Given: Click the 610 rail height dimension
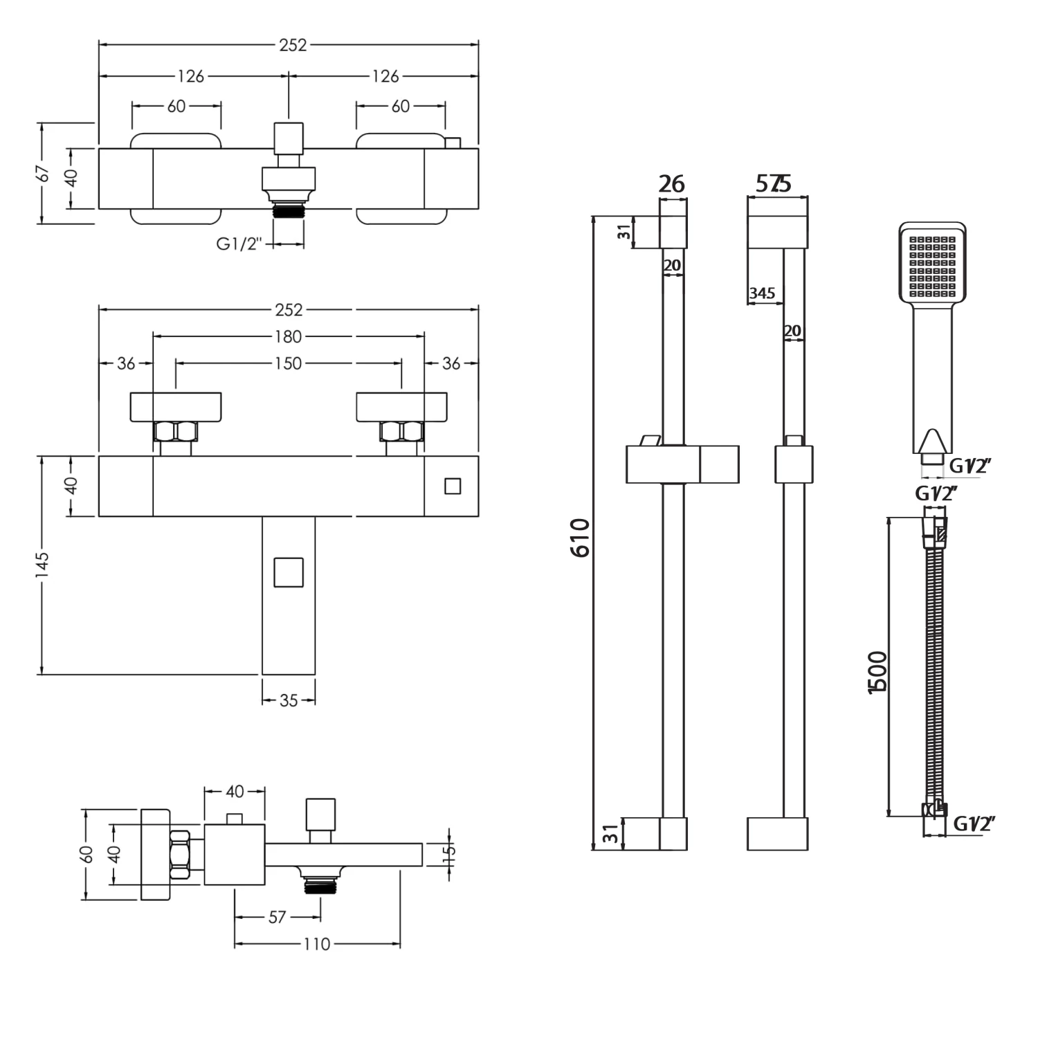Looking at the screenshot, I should [581, 537].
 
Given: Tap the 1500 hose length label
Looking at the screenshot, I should [877, 671].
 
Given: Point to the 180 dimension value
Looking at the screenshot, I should [289, 336].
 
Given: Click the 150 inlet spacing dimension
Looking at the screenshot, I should [289, 363].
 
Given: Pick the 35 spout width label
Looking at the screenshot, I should [289, 700].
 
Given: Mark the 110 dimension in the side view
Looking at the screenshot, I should [317, 944].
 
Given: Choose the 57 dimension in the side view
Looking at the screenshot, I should [277, 917].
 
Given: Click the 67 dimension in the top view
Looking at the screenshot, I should [43, 173].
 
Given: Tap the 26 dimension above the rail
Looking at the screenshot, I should [671, 184].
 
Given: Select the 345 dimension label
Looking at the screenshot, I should [762, 293].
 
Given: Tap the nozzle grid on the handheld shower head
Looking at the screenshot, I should [932, 266].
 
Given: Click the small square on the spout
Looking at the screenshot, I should [289, 572].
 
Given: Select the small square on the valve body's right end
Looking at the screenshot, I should [453, 486].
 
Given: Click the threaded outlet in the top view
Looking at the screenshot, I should [289, 210].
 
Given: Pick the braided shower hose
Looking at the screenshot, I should [935, 664].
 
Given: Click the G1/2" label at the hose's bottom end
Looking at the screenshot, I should [974, 823].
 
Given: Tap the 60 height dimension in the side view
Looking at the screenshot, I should [87, 854].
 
